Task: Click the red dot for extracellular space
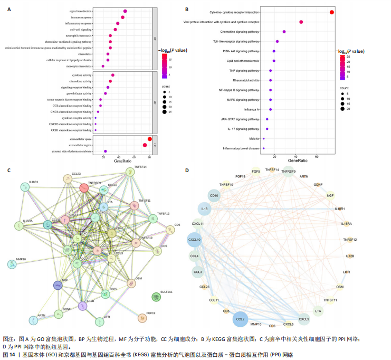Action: pyautogui.click(x=150, y=139)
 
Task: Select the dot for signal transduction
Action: pyautogui.click(x=125, y=11)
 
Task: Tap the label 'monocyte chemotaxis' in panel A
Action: pyautogui.click(x=80, y=66)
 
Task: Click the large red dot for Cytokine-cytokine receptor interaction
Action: pyautogui.click(x=331, y=12)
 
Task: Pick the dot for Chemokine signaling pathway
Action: pyautogui.click(x=284, y=32)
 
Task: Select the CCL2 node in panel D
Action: pyautogui.click(x=240, y=319)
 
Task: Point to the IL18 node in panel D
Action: pyautogui.click(x=204, y=210)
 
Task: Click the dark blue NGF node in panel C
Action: pyautogui.click(x=58, y=285)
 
